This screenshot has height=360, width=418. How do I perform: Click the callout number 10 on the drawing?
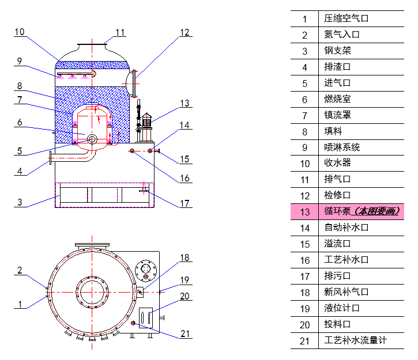20,32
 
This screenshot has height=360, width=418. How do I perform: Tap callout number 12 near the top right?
184,33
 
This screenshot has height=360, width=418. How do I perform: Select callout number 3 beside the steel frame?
20,202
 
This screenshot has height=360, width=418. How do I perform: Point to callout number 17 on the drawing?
184,203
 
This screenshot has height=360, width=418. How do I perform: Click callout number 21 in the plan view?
184,334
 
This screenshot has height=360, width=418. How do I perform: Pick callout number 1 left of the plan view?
20,303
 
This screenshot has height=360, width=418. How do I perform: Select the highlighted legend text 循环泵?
337,211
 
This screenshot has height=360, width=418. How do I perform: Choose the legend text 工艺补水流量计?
355,340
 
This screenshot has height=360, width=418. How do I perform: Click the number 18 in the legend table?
304,293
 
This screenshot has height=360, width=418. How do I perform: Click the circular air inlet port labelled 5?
92,138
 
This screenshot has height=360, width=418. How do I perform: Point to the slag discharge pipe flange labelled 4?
51,157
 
